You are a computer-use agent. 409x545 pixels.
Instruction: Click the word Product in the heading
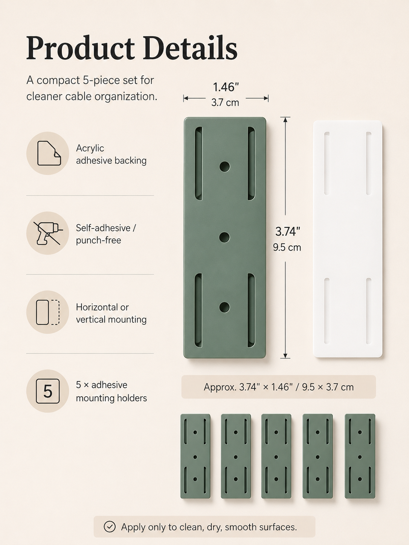pos(80,48)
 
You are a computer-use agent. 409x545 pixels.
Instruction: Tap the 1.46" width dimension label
pos(226,87)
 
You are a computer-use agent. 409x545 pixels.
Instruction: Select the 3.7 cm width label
pos(225,102)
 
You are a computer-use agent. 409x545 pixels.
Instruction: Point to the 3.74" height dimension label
pos(288,231)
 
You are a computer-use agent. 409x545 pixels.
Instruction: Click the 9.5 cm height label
pos(287,247)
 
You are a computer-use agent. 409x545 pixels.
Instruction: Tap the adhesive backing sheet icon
pos(49,153)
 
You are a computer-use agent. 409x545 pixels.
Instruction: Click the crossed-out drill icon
pos(48,233)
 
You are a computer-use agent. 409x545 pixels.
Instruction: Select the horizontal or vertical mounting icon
pos(48,312)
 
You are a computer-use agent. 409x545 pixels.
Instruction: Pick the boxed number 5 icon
pos(48,391)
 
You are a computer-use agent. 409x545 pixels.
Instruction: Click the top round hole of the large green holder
pos(224,167)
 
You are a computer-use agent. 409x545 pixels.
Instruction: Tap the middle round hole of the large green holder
pos(224,237)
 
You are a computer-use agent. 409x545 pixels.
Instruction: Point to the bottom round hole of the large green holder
pos(224,307)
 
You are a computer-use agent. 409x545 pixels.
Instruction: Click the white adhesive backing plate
pos(348,239)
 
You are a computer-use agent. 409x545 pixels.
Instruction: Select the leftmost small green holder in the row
pos(195,456)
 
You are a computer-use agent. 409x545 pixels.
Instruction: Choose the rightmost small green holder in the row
pos(360,456)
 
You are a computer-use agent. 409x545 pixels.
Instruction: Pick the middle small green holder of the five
pos(276,456)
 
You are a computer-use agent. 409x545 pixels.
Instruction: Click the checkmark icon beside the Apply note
pos(110,527)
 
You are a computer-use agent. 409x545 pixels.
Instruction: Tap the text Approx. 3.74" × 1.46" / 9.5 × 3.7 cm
pos(279,387)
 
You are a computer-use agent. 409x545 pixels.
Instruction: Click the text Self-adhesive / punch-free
pos(106,234)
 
